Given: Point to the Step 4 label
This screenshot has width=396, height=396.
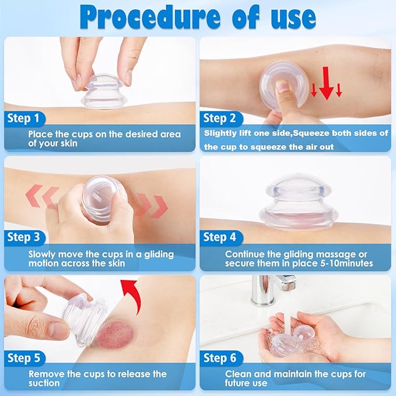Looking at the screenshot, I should tap(219, 237).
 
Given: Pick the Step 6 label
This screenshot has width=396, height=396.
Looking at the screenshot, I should tap(219, 357).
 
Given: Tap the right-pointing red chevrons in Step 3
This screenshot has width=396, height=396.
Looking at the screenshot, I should tap(150, 205).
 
